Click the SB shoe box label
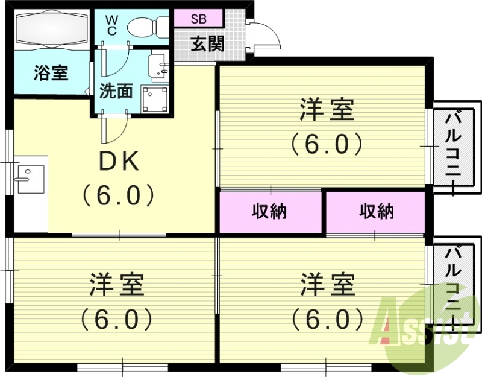(199, 18)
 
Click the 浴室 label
(51, 74)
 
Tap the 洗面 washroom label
(116, 92)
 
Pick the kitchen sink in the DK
(30, 176)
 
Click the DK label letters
(119, 161)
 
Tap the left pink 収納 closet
(269, 212)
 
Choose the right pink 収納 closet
(377, 212)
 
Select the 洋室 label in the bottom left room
(117, 284)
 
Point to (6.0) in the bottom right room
(327, 318)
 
